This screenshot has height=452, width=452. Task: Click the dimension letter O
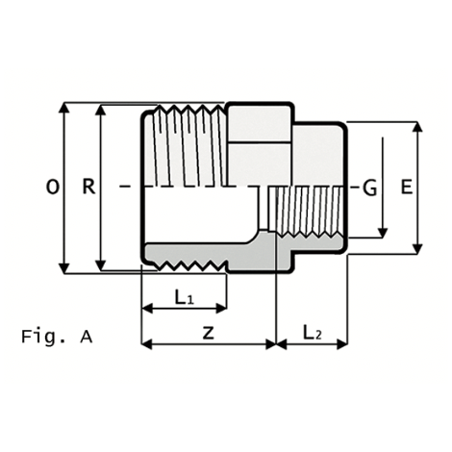tap(53, 187)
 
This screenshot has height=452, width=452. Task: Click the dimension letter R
tap(88, 187)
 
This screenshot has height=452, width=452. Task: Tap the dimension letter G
tap(369, 188)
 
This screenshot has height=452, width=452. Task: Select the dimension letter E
tap(407, 187)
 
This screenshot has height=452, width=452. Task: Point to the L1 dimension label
tap(184, 297)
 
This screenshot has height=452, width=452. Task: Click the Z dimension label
tap(209, 333)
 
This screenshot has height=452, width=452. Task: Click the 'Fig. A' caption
tap(57, 337)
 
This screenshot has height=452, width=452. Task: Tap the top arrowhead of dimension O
tap(64, 108)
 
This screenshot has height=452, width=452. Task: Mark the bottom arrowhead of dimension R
tap(101, 265)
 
